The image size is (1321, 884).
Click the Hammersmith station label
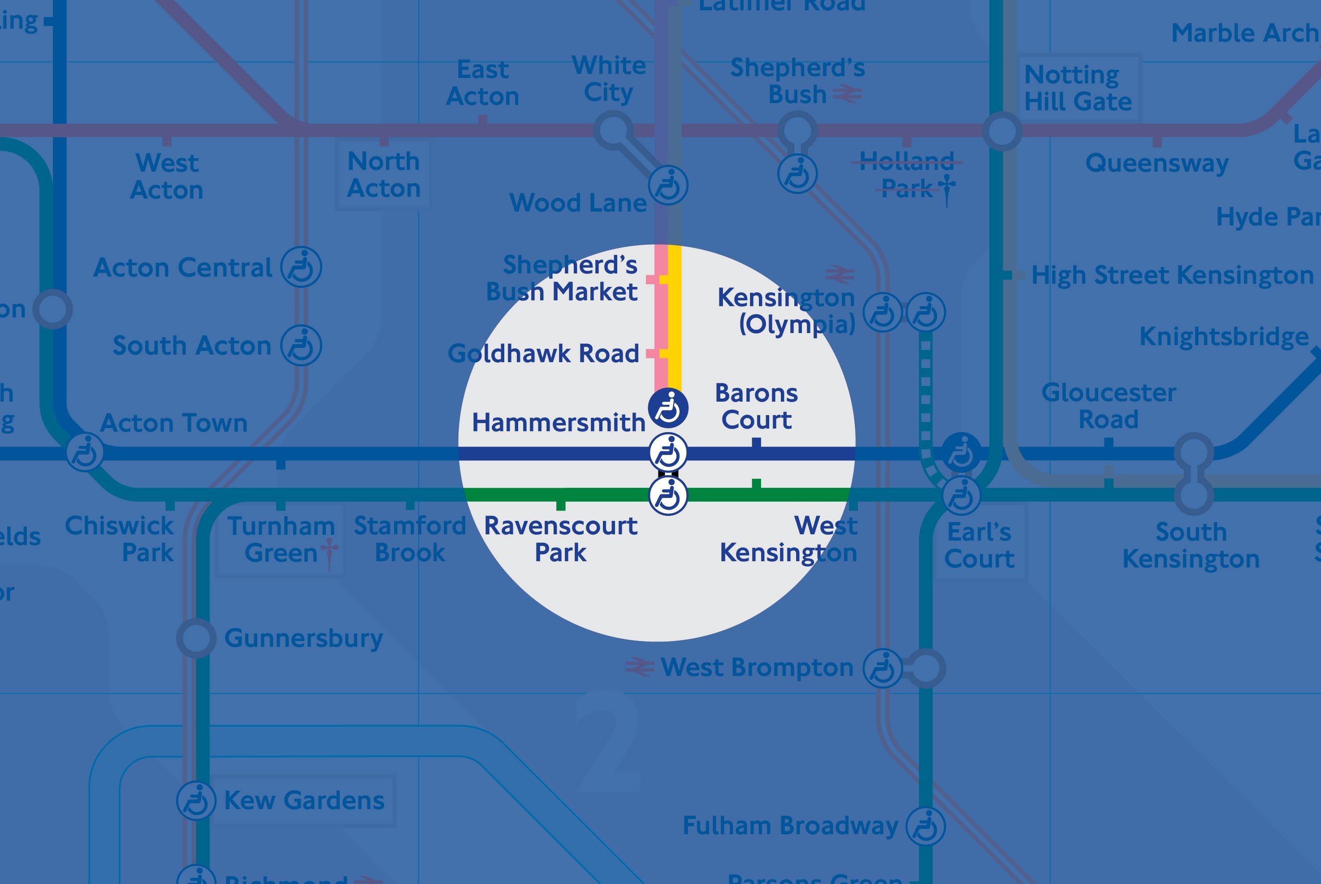point(558,423)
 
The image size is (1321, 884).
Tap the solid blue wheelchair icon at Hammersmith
point(668,407)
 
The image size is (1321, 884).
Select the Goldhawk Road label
point(543,354)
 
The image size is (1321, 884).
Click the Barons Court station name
point(756,407)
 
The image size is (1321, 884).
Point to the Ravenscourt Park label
point(560,539)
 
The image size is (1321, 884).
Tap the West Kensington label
point(789,539)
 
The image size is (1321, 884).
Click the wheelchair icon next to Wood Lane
point(668,186)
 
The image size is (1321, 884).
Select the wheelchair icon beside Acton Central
point(302,267)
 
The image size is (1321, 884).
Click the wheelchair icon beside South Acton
point(302,346)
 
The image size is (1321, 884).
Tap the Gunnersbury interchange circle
point(196,638)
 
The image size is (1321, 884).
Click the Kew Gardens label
point(304,801)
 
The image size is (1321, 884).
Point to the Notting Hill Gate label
point(1077,88)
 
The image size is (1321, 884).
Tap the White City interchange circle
point(613,130)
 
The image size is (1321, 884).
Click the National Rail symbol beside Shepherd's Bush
point(847,94)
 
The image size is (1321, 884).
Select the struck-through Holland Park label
point(906,175)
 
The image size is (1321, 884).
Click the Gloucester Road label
point(1108,406)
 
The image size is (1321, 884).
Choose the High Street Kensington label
point(1172,276)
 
